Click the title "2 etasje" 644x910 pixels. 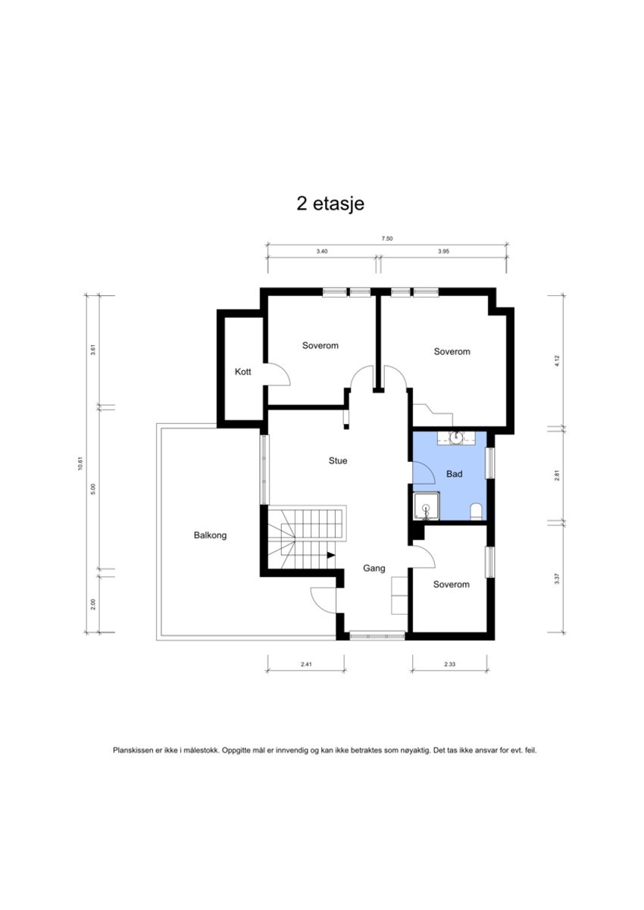coord(330,204)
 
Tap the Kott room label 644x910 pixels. coord(242,372)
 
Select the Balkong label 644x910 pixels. coord(210,535)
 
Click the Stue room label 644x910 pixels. coord(338,460)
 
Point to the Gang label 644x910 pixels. coord(374,568)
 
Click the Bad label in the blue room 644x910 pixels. coord(454,474)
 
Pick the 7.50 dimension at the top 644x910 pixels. coord(387,238)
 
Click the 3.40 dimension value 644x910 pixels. coord(322,251)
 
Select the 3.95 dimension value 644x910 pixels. coord(444,251)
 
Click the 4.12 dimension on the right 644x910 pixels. coord(557,361)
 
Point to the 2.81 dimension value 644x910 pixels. coord(557,475)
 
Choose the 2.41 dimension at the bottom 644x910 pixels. coord(306,665)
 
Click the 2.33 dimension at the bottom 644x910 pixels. coord(453,665)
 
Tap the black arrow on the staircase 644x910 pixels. coord(331,555)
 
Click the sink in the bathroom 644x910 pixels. coord(456,437)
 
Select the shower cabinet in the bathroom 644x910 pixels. coord(427,506)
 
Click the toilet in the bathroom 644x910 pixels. coord(476,513)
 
